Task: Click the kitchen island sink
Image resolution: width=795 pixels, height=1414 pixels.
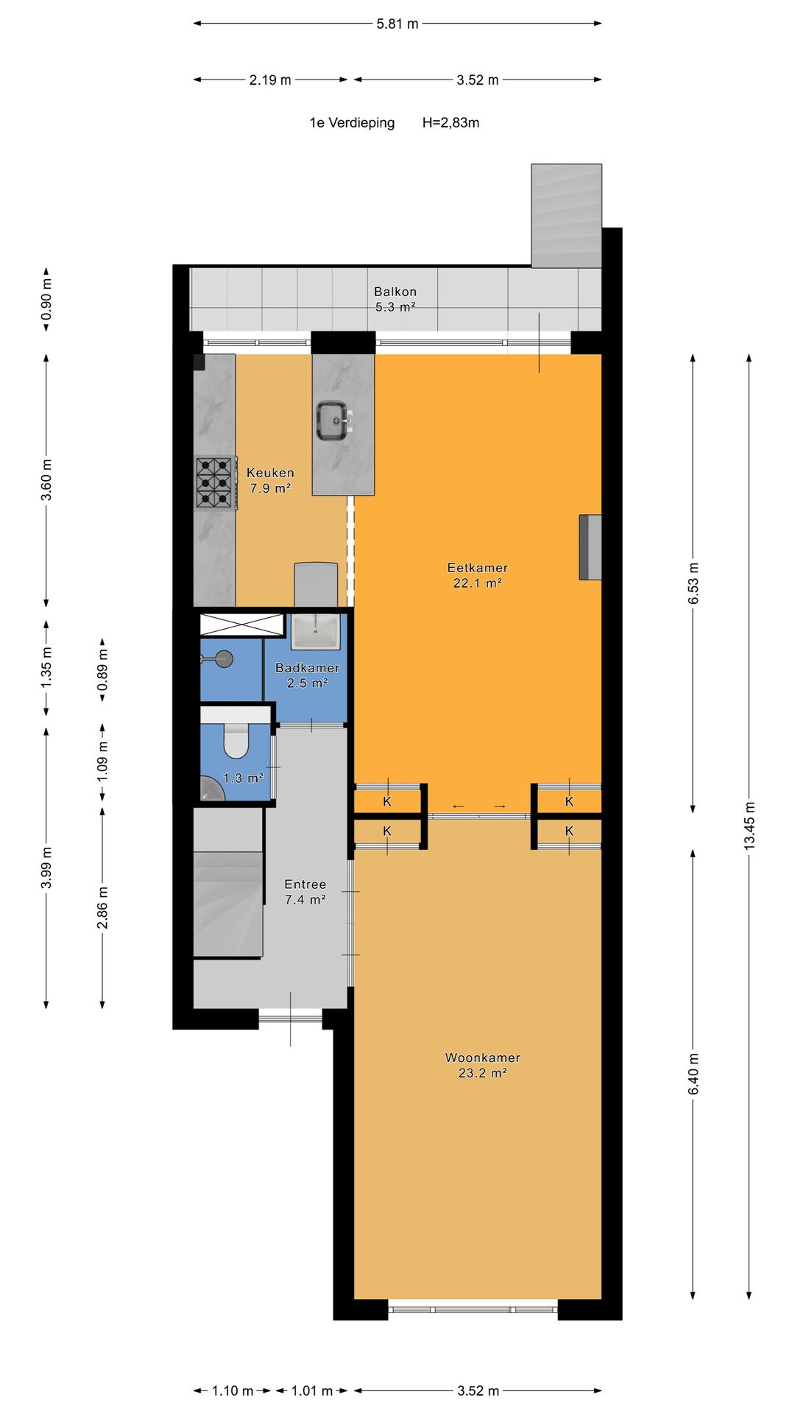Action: coord(333,421)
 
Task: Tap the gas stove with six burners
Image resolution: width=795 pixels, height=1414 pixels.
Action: coord(215,483)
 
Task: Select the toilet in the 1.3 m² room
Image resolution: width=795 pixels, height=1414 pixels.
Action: coord(236,741)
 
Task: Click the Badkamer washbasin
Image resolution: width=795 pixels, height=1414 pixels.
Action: coord(316,632)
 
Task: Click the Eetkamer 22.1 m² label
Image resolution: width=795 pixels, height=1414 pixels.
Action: coord(477,575)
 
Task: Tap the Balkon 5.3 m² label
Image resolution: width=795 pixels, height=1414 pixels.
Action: coord(395,299)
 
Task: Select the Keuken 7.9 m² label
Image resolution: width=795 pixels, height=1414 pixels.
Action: coord(270,480)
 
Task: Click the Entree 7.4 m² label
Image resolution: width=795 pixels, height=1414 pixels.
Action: coord(305,892)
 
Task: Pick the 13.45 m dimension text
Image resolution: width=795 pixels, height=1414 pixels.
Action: coord(749,826)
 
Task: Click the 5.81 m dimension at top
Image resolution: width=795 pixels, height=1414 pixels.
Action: coord(397,24)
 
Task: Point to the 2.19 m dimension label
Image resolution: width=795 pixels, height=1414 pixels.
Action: coord(270,80)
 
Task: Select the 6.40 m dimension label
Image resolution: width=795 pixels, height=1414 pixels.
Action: coord(693,1074)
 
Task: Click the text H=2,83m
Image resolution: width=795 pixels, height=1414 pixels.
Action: coord(451,123)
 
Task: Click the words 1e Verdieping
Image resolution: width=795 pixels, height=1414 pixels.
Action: coord(352,123)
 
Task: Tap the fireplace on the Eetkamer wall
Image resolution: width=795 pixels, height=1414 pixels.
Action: coord(590,547)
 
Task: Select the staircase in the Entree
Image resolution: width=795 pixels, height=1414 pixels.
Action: coord(227,902)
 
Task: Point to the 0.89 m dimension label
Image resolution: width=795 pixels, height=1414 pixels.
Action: coord(102,669)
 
